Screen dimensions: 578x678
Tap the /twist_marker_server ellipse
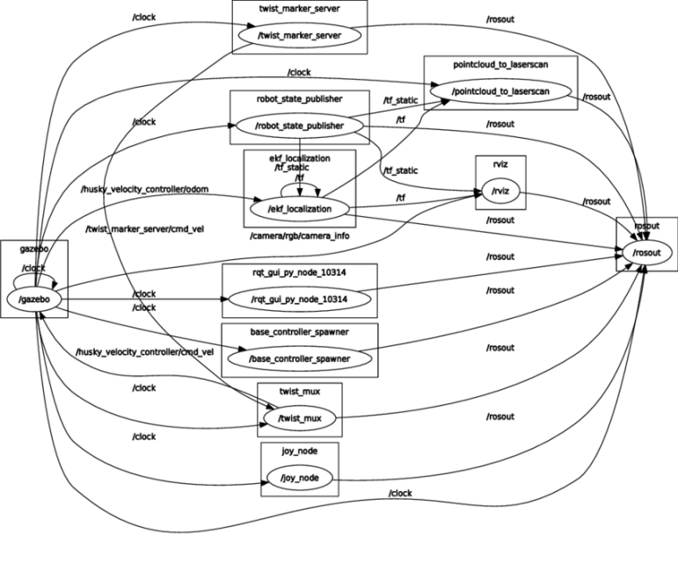click(299, 36)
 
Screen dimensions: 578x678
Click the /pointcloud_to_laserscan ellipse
click(500, 90)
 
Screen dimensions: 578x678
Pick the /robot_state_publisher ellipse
click(298, 126)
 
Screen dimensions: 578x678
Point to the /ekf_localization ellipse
click(301, 209)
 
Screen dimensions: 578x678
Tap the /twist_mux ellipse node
click(299, 419)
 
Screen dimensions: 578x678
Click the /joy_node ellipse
click(299, 478)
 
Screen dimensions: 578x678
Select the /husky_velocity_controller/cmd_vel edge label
click(145, 352)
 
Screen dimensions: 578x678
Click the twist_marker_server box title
click(299, 8)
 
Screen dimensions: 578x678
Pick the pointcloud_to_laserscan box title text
click(500, 63)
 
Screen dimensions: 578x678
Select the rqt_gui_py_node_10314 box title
click(299, 271)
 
